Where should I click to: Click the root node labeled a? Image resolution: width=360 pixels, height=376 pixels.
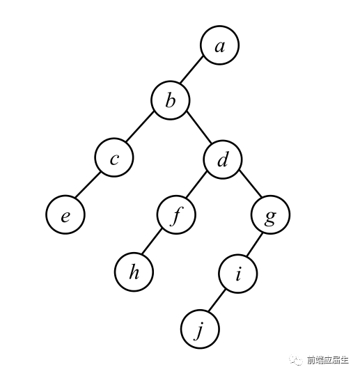point(220,45)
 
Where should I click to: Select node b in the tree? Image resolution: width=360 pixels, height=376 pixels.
point(171,100)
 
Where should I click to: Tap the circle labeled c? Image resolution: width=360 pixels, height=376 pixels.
point(114,157)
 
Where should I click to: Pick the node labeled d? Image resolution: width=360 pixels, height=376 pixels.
point(223,159)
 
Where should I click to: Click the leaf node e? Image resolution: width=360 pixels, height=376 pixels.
point(65,214)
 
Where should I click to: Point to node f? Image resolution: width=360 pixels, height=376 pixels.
point(176,214)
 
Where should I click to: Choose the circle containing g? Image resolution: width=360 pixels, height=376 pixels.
point(270,214)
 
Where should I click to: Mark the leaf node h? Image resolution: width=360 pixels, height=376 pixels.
point(134,272)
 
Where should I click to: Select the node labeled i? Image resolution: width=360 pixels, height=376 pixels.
point(238,274)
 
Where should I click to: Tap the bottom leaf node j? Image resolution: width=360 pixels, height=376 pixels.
point(200,329)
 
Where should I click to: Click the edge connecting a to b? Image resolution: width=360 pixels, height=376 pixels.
point(192,70)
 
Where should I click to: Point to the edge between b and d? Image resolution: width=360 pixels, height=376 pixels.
point(199,127)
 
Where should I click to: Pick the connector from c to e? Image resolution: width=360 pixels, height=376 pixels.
point(87,185)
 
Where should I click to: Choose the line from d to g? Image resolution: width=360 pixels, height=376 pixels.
point(250,184)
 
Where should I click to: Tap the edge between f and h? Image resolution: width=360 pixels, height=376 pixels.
point(152,241)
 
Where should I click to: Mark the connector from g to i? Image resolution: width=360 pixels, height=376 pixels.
point(255,244)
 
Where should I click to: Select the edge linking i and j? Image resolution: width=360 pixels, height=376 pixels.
point(216,301)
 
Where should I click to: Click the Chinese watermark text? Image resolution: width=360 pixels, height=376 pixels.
point(328,360)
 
